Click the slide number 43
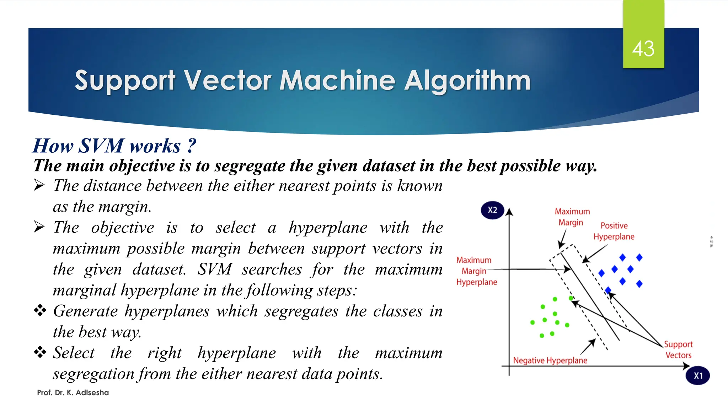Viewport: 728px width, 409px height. tap(643, 49)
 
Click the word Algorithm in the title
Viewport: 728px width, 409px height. tap(467, 81)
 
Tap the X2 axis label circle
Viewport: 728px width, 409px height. tap(492, 210)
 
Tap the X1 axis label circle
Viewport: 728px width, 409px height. tap(698, 376)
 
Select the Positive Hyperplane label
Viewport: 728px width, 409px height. tap(614, 231)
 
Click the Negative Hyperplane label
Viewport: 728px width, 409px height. tap(550, 360)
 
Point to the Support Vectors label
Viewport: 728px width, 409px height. tap(678, 350)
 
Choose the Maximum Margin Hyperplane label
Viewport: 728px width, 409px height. tap(476, 271)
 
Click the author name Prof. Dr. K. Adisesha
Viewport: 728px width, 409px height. tap(73, 393)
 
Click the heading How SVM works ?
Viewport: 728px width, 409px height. tap(114, 146)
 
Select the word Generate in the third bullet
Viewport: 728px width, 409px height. tap(85, 311)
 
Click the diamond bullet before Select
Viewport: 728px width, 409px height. tap(40, 352)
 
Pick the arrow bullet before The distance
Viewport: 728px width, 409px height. tap(39, 185)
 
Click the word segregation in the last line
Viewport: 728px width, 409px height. tap(94, 374)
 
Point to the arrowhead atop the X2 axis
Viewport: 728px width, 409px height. tap(509, 212)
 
